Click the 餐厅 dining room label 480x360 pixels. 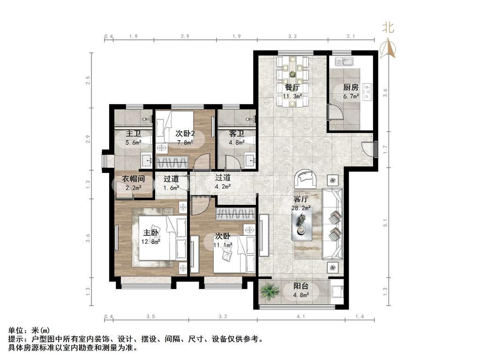[x=292, y=87]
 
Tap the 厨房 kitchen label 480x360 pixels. [x=351, y=87]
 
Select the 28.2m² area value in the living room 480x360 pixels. [x=301, y=208]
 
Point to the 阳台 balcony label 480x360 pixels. [x=301, y=286]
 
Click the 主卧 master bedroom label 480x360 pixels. [x=151, y=232]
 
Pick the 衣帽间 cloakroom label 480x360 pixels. [x=133, y=179]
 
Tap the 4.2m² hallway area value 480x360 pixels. [x=222, y=186]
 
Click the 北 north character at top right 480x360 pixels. [x=388, y=28]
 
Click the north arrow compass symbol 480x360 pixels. [x=388, y=48]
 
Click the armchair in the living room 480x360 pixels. [x=306, y=179]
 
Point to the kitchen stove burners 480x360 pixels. [x=367, y=91]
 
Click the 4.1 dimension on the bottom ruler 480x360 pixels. [x=301, y=316]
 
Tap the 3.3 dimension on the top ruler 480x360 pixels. [x=292, y=36]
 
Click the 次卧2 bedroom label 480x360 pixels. [x=185, y=134]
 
